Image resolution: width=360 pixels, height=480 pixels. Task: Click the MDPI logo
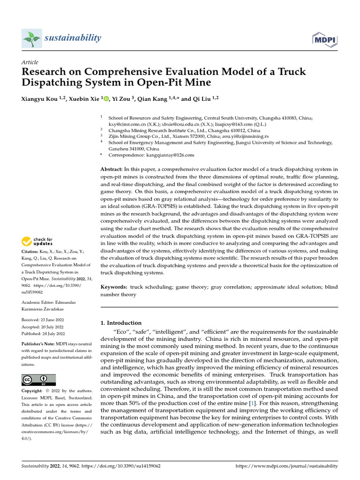(x=325, y=39)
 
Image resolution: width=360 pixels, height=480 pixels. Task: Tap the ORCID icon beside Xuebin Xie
(x=106, y=99)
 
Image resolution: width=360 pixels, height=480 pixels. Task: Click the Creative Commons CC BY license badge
(x=38, y=380)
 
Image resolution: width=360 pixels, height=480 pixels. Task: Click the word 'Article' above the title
(x=30, y=62)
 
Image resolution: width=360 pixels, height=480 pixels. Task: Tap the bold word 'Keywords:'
(x=114, y=286)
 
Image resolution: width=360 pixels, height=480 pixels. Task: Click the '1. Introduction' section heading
(x=121, y=323)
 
